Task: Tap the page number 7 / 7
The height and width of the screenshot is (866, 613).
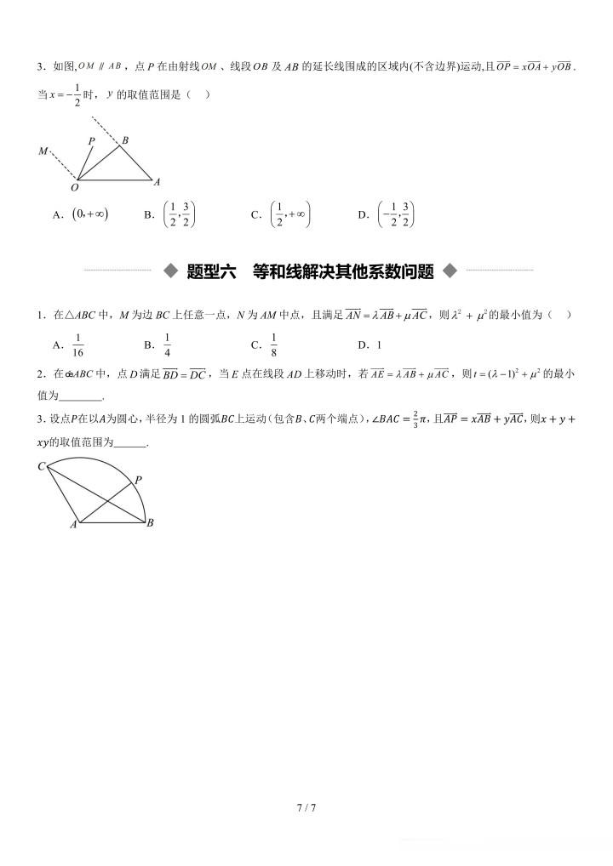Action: (x=306, y=806)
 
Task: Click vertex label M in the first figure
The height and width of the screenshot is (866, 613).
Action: (x=43, y=151)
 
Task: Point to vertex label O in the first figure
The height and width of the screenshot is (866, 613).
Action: (x=75, y=187)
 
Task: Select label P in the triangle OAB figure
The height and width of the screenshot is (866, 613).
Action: (x=91, y=141)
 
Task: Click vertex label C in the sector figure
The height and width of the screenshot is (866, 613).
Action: (x=41, y=465)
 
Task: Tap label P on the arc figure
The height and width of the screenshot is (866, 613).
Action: (x=138, y=480)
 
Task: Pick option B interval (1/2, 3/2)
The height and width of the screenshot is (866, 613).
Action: (x=180, y=214)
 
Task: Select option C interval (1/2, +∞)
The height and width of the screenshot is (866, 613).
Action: (x=289, y=214)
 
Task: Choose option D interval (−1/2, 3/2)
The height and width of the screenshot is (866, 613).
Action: (x=396, y=214)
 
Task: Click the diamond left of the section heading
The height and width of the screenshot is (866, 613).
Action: (x=170, y=271)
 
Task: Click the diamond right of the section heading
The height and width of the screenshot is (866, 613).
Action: (x=450, y=271)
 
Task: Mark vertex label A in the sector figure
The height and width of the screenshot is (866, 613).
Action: (x=73, y=525)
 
